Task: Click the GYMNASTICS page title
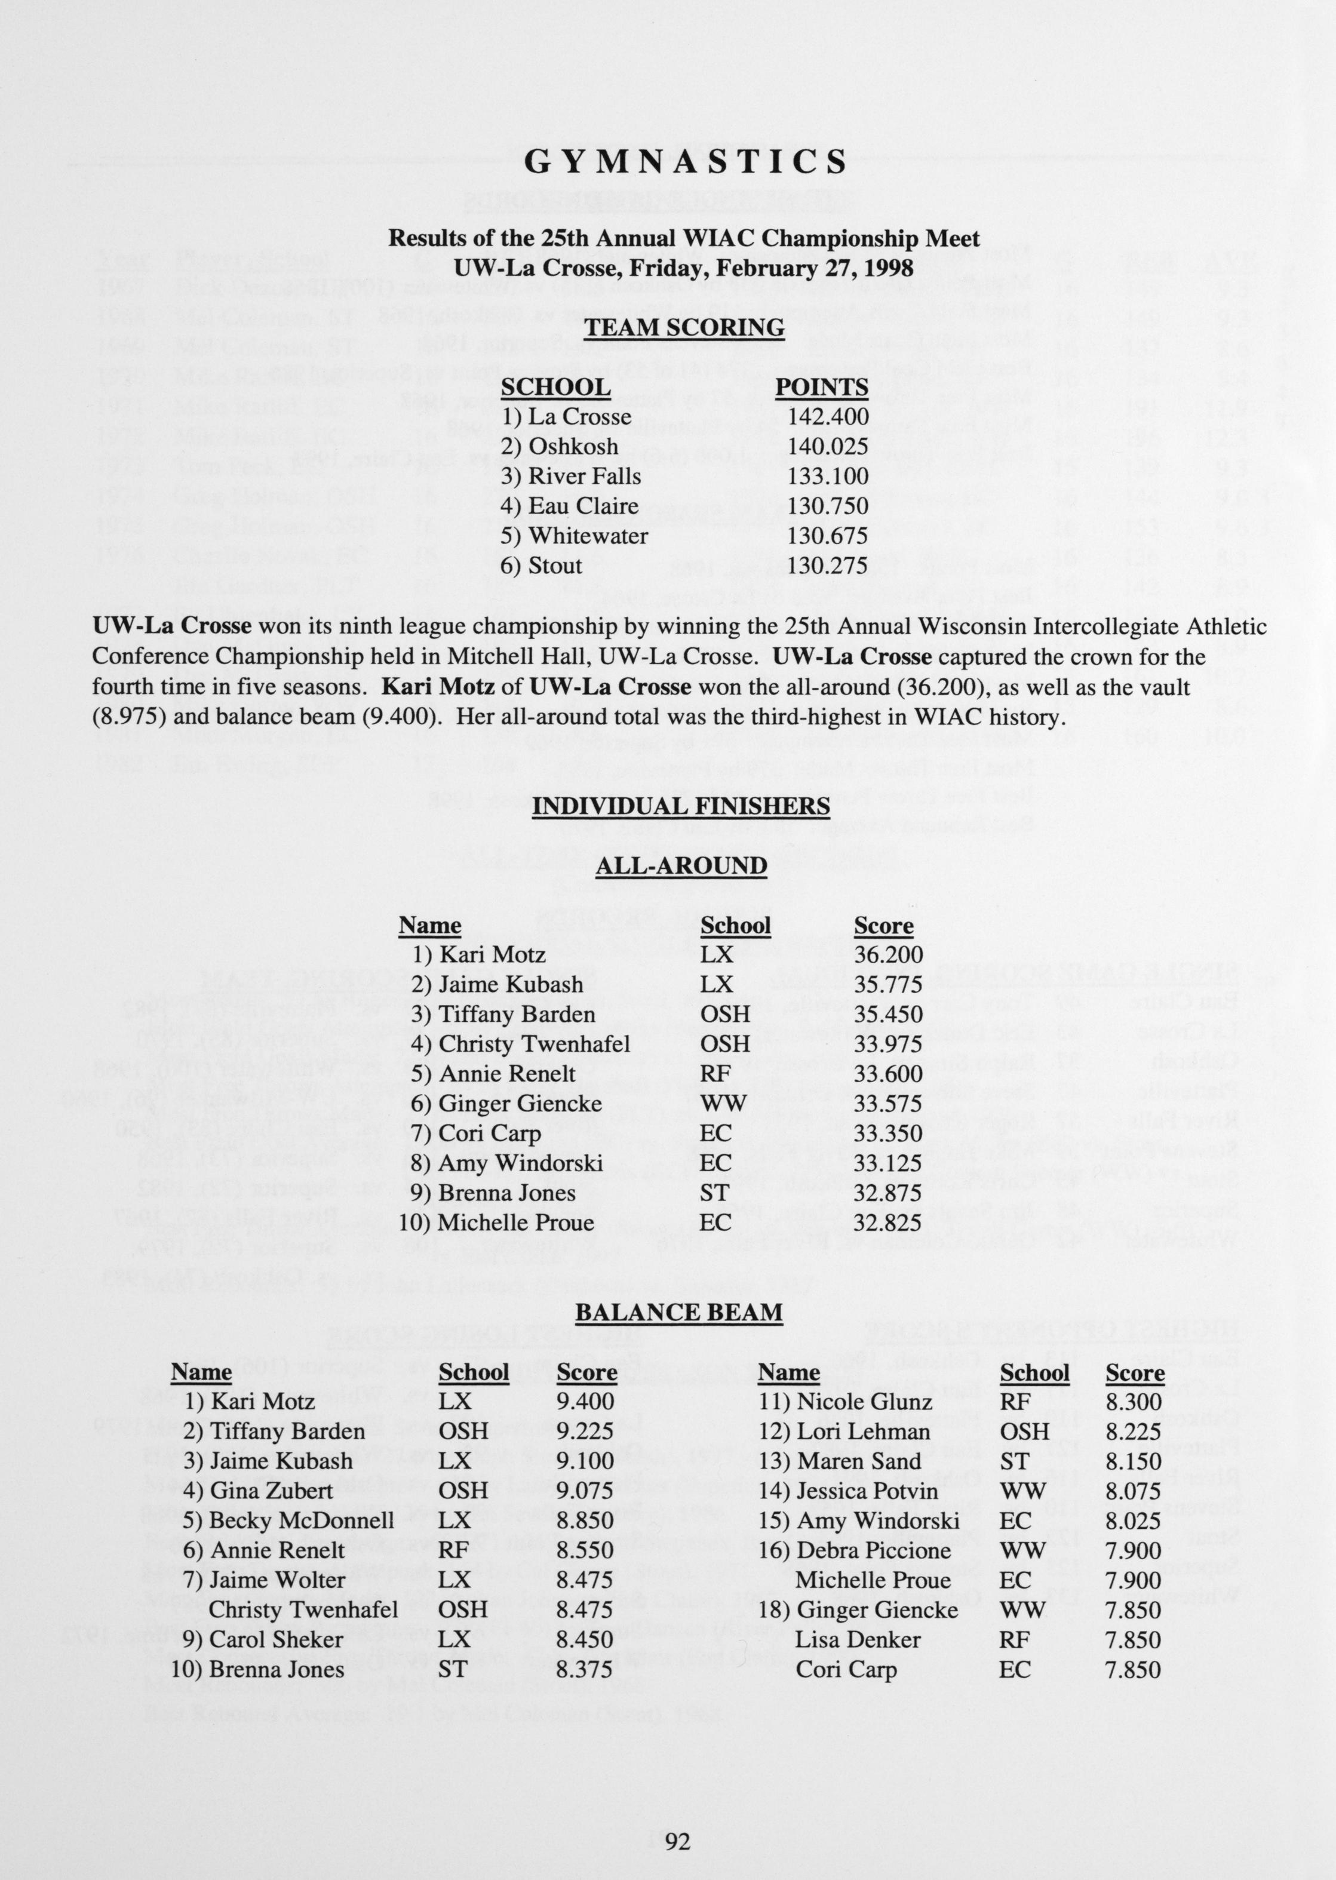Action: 684,162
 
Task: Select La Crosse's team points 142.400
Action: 828,416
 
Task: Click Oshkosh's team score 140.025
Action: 828,447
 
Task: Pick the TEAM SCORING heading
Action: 684,328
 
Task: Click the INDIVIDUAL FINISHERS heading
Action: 680,806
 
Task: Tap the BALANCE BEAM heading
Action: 678,1311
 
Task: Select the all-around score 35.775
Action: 889,984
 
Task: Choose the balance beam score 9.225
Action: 585,1431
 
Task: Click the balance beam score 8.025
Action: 1134,1520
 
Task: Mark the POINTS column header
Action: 822,388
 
